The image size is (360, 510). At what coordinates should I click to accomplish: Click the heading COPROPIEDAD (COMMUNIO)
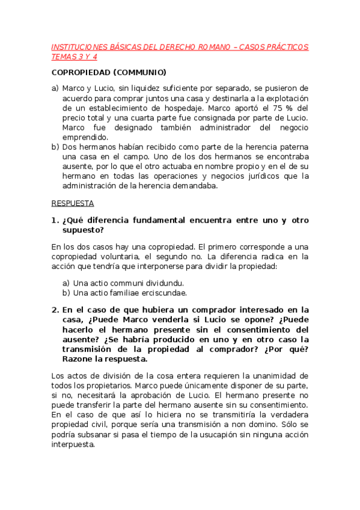pyautogui.click(x=109, y=73)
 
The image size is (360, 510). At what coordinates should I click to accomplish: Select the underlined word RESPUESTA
pyautogui.click(x=69, y=203)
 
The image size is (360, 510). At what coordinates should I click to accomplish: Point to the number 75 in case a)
pyautogui.click(x=278, y=108)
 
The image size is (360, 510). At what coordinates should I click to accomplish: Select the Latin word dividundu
pyautogui.click(x=162, y=283)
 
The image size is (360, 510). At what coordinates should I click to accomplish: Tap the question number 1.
pyautogui.click(x=54, y=220)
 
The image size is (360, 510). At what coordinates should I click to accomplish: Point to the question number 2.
pyautogui.click(x=54, y=310)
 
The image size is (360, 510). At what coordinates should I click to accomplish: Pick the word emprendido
pyautogui.click(x=84, y=137)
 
